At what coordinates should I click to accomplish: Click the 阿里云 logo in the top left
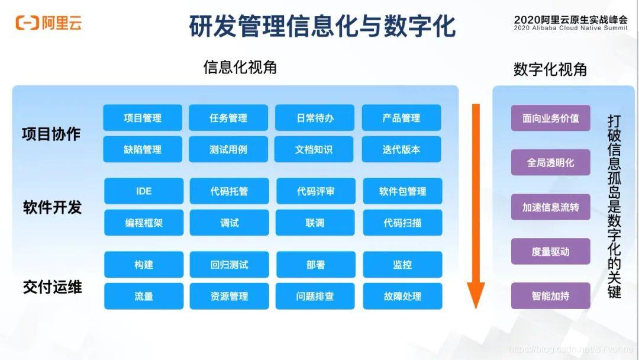[49, 23]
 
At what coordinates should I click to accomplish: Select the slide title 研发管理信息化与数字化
[322, 26]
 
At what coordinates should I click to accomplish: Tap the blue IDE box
[144, 191]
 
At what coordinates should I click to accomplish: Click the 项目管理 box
[143, 118]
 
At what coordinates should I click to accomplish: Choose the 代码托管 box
[229, 191]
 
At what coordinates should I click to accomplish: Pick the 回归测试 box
[229, 265]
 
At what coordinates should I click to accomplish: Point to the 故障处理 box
[402, 296]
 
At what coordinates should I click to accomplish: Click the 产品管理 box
[401, 118]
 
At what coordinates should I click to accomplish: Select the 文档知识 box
[314, 149]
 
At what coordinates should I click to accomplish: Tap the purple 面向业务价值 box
[550, 118]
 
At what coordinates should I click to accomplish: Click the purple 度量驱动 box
[550, 251]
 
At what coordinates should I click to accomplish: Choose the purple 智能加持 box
[550, 295]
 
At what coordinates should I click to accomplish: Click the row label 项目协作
[51, 134]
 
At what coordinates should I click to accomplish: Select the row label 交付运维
[52, 288]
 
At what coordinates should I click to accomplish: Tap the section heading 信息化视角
[240, 67]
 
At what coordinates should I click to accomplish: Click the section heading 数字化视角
[550, 69]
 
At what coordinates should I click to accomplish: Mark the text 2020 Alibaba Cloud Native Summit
[570, 28]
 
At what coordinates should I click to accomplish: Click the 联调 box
[315, 223]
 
